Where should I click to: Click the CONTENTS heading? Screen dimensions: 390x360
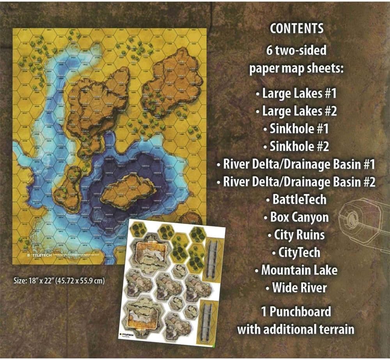[297, 29]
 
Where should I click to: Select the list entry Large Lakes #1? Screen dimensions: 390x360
[296, 93]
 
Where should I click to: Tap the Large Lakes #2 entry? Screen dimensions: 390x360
[296, 111]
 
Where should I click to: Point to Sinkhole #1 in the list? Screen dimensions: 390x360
[296, 128]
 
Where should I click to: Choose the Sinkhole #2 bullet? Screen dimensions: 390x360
[296, 146]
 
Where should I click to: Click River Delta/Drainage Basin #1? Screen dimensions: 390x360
[296, 164]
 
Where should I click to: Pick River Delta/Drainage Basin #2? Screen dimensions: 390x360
[296, 182]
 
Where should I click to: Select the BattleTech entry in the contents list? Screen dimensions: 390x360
[296, 200]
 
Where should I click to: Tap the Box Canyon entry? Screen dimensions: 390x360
[296, 217]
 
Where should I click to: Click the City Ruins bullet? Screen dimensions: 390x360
[296, 235]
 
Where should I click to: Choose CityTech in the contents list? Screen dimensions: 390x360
[296, 253]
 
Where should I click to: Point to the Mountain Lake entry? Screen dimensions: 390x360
[296, 270]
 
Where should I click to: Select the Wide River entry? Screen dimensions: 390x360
[296, 288]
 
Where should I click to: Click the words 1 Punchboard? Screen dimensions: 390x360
[296, 311]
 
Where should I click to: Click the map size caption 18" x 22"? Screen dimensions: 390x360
[58, 281]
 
